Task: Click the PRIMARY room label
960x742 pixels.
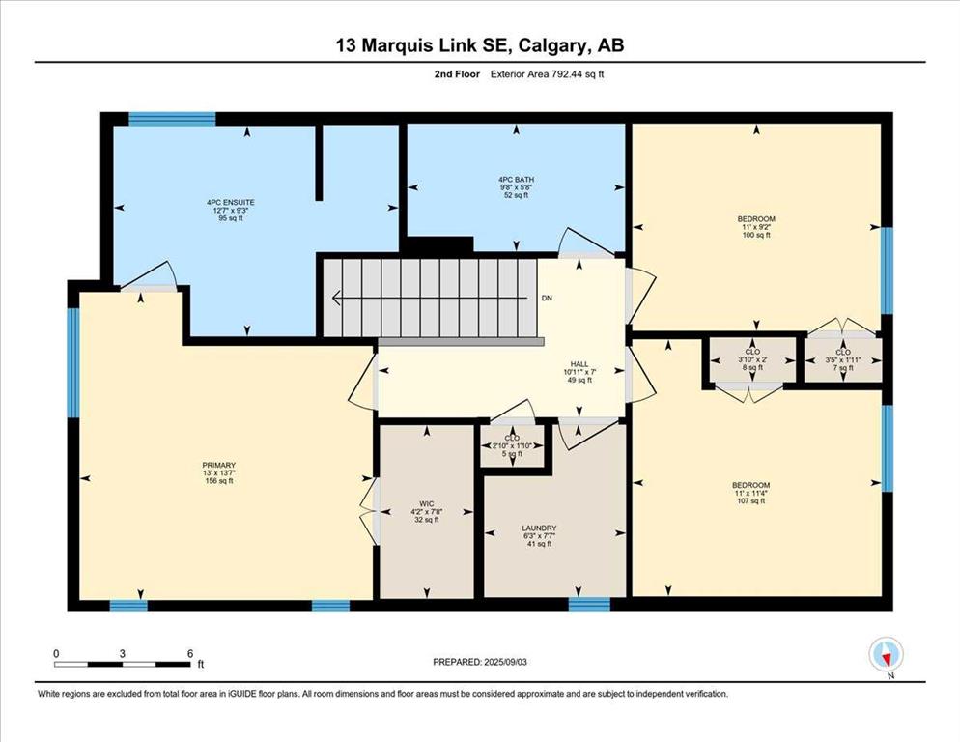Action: (x=219, y=465)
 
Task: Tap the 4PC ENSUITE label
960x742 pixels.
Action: (x=230, y=202)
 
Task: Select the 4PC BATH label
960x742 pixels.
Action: (x=516, y=180)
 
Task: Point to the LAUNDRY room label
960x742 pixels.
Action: (x=539, y=528)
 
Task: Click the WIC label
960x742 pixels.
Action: (x=427, y=504)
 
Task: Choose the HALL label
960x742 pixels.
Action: (x=579, y=364)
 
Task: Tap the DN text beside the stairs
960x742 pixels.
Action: (x=547, y=299)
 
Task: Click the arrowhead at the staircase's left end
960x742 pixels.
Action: (x=336, y=298)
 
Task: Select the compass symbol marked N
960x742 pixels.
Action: (x=886, y=655)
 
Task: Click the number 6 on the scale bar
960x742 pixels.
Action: (x=190, y=654)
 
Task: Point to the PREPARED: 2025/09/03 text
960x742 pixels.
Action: (x=479, y=662)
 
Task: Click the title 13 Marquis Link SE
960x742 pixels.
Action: (x=426, y=45)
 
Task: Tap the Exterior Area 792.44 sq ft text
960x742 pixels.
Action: (x=547, y=74)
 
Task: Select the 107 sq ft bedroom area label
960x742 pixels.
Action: (x=752, y=501)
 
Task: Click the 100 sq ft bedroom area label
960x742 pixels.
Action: (x=756, y=235)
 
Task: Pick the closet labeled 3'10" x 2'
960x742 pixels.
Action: (x=752, y=359)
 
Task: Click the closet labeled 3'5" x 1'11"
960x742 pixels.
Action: (x=843, y=359)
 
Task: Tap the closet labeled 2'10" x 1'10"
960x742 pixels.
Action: (x=513, y=445)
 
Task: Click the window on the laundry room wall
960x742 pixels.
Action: (x=589, y=604)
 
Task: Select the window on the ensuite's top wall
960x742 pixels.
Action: (x=172, y=118)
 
